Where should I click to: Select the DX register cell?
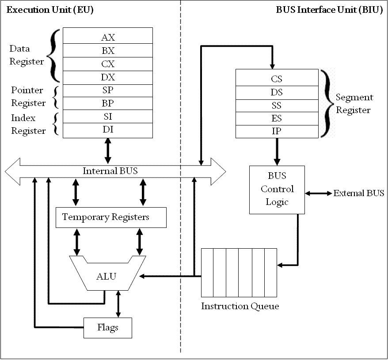108,77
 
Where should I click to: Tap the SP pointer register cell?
108,91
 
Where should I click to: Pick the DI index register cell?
108,130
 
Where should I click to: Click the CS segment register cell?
277,79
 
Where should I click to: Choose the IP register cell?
277,132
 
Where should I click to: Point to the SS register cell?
277,106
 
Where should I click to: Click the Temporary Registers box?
111,217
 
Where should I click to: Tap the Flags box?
108,328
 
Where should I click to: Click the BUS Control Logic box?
277,189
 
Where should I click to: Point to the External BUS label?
358,193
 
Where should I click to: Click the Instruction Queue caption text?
240,306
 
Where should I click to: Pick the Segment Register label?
354,104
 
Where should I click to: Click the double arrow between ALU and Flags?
118,303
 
